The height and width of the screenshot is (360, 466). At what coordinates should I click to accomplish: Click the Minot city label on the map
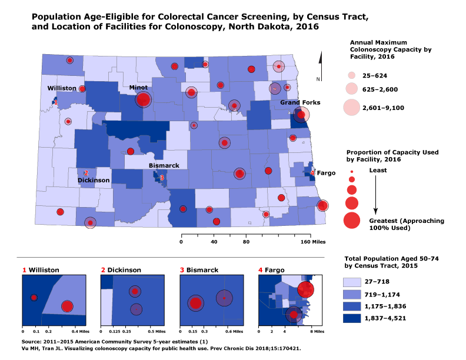tap(138, 87)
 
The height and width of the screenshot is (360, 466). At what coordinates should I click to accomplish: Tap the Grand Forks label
tap(300, 102)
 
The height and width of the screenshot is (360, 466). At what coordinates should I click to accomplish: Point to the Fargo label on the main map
tap(326, 174)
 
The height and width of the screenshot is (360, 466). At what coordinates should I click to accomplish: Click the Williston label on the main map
tap(62, 88)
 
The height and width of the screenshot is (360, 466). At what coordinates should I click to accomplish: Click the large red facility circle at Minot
tap(143, 100)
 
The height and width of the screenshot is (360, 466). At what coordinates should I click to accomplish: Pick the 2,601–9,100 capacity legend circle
tap(351, 108)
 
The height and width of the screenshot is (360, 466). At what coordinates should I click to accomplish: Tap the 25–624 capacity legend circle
tap(351, 76)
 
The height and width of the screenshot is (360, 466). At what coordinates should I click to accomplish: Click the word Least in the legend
tap(377, 170)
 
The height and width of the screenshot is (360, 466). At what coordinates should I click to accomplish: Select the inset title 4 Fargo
tap(272, 270)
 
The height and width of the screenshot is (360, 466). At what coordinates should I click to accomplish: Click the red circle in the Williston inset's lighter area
tap(67, 306)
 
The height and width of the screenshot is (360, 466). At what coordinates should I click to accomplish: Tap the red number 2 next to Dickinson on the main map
tap(86, 173)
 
